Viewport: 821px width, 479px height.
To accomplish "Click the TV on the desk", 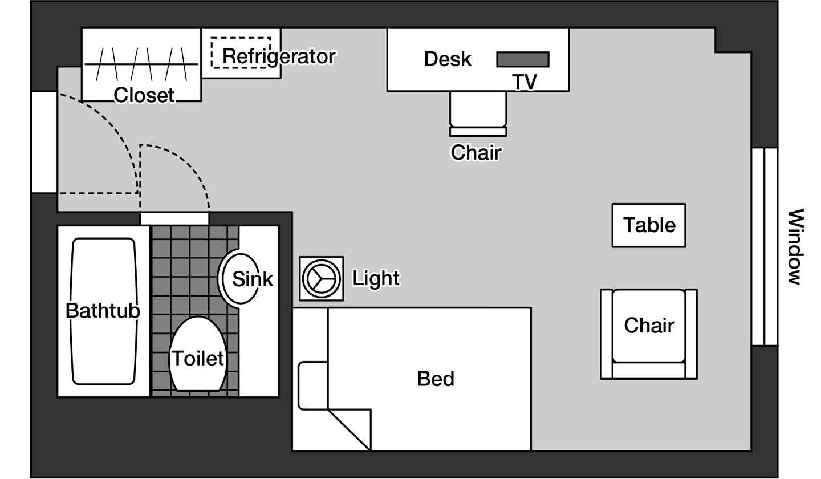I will tap(522, 59).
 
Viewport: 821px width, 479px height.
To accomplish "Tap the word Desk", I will tap(448, 59).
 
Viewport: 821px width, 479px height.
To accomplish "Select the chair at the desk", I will tap(478, 111).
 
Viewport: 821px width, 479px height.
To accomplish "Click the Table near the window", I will tap(649, 225).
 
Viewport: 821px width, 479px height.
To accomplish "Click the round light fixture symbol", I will tap(322, 278).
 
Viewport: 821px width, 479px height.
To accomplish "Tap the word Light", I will tap(376, 278).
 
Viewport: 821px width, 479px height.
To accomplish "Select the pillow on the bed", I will tap(313, 385).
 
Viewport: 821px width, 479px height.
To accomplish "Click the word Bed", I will tap(436, 379).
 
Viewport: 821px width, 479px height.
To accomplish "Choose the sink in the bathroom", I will tap(239, 279).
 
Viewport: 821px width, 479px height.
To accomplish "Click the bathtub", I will tap(103, 311).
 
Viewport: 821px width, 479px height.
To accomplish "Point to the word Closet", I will tap(144, 95).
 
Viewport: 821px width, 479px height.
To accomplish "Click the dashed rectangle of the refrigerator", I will tap(241, 52).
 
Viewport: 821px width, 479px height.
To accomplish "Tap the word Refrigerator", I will tap(278, 56).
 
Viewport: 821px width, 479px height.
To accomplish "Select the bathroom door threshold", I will tap(174, 218).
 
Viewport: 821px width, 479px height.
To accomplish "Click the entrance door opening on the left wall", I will tap(44, 142).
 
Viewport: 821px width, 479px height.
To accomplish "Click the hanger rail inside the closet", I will tap(141, 64).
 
